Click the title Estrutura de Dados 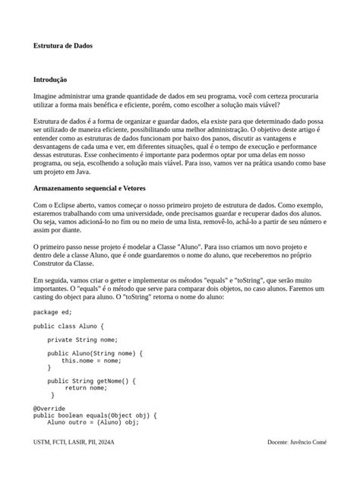63,46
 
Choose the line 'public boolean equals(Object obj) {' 95,415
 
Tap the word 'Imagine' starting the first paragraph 45,97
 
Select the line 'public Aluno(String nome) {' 94,353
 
